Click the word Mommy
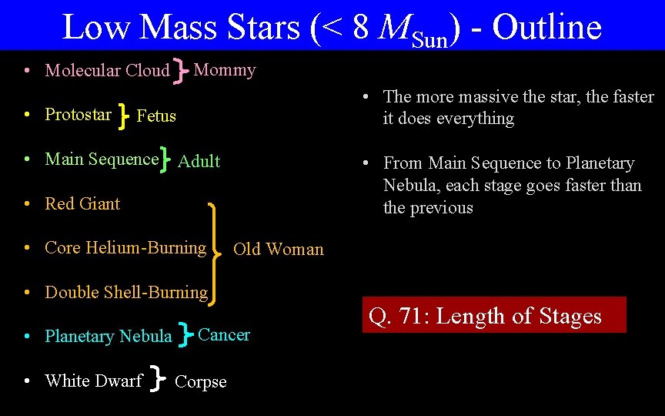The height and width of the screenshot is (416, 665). [225, 70]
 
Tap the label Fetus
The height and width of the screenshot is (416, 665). [156, 116]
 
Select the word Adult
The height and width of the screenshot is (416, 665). [199, 161]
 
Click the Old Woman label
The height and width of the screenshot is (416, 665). [278, 249]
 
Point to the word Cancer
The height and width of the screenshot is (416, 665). [224, 335]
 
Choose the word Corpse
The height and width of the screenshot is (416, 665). [201, 382]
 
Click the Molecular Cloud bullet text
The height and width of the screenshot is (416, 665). [107, 71]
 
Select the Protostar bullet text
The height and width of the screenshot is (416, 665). [79, 115]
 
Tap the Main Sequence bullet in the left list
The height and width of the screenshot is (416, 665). [101, 159]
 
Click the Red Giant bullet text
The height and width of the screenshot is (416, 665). [82, 204]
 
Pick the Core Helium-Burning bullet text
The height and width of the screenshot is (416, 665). [125, 248]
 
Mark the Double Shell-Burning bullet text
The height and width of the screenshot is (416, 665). [126, 293]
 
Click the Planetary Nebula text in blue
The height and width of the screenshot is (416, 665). [109, 337]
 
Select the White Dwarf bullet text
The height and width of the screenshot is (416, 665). [93, 381]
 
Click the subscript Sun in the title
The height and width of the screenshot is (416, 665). [430, 39]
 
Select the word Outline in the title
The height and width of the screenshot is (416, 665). [546, 27]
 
